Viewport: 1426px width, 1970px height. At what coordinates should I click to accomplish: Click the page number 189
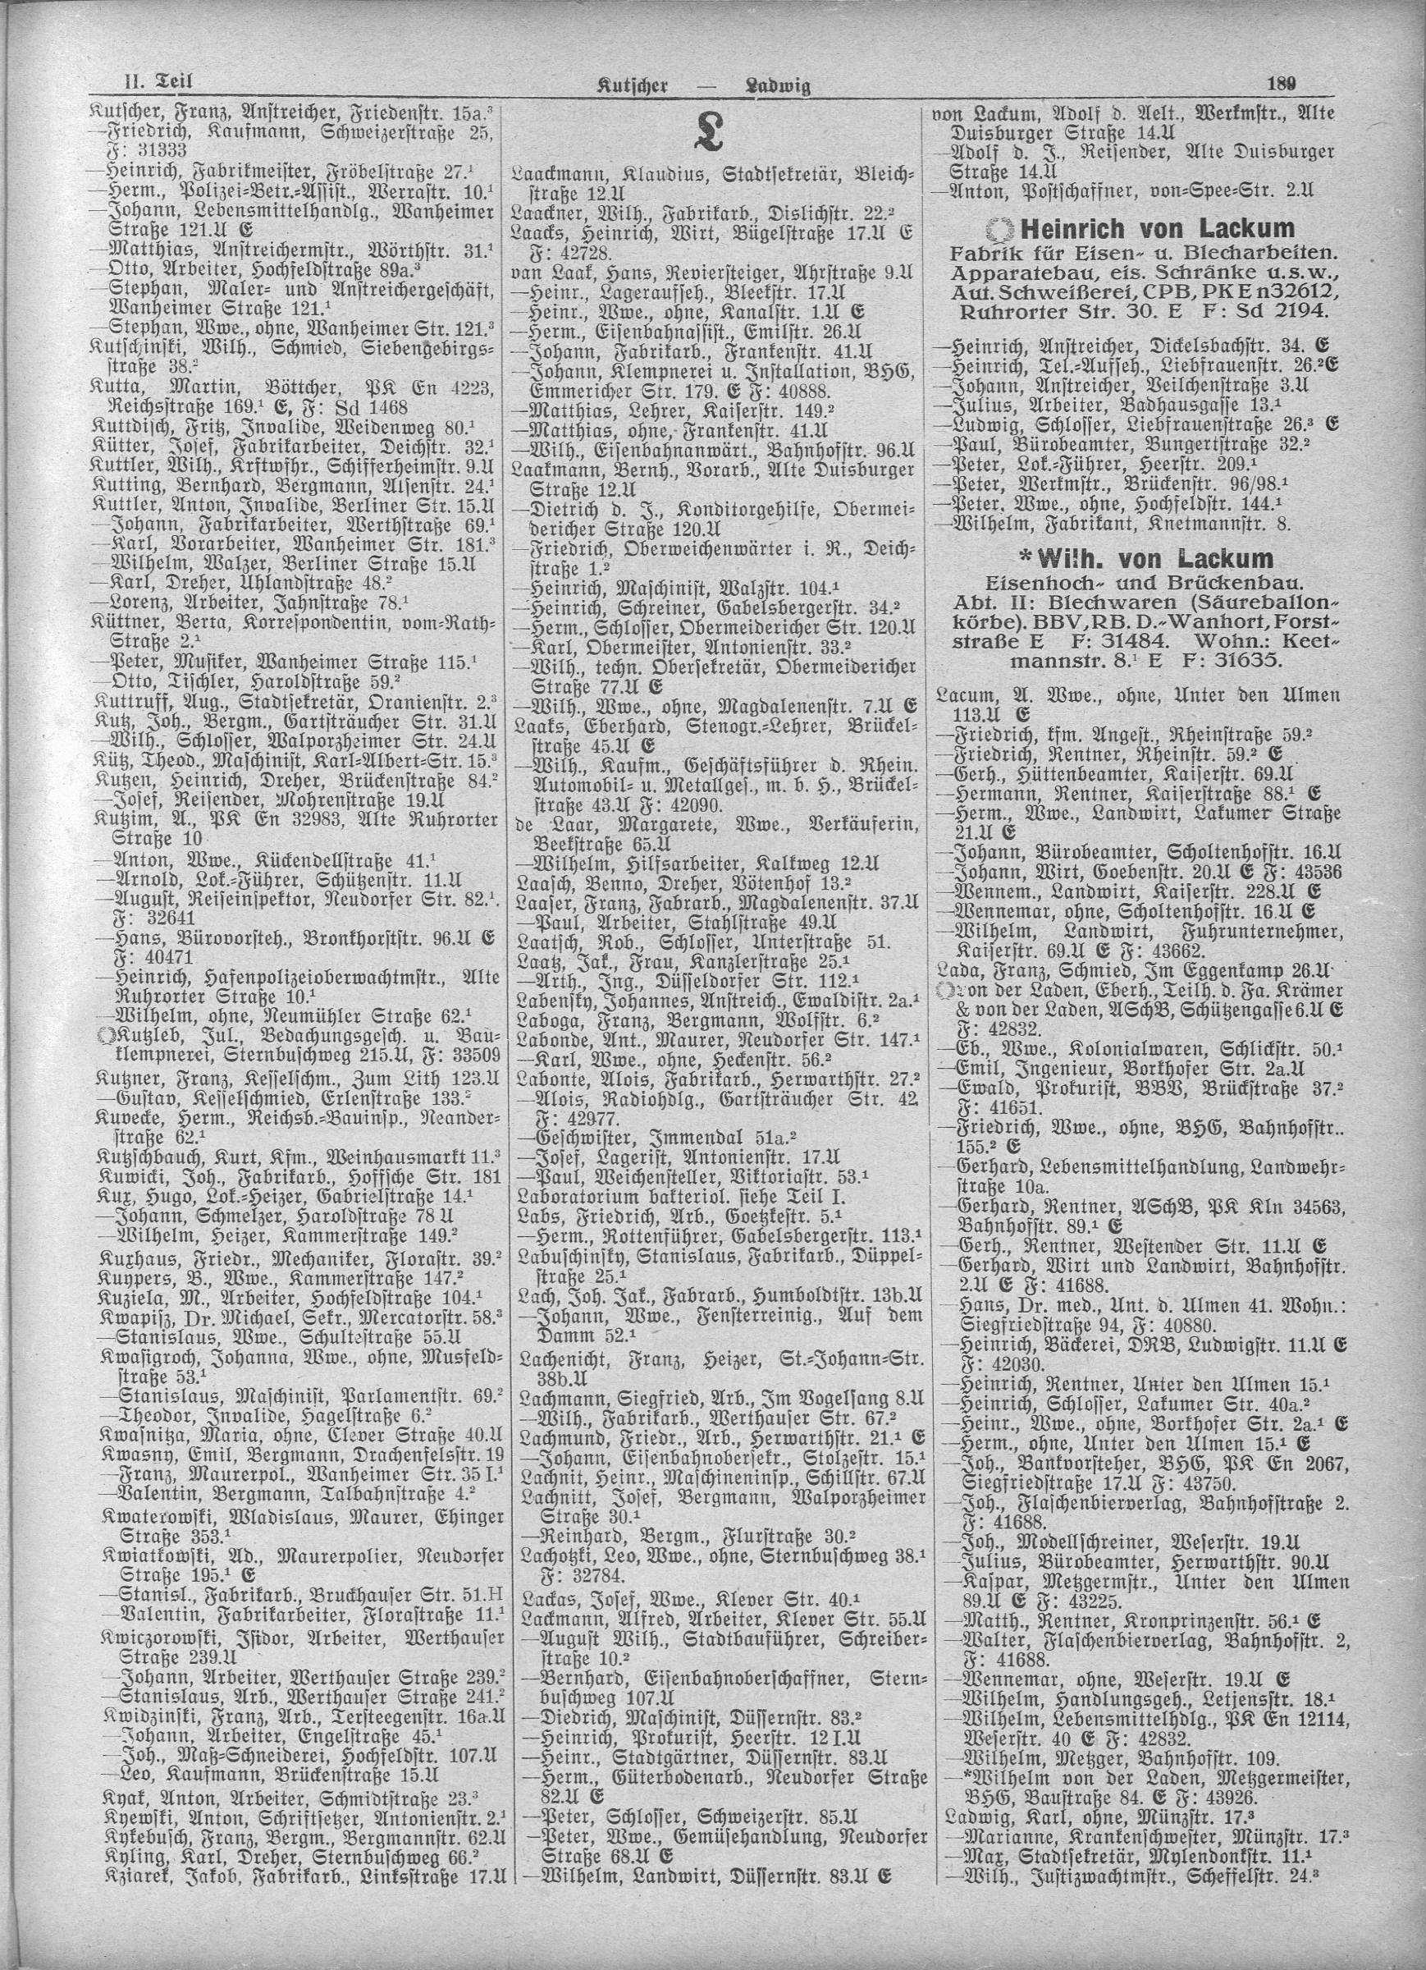coord(1281,84)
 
